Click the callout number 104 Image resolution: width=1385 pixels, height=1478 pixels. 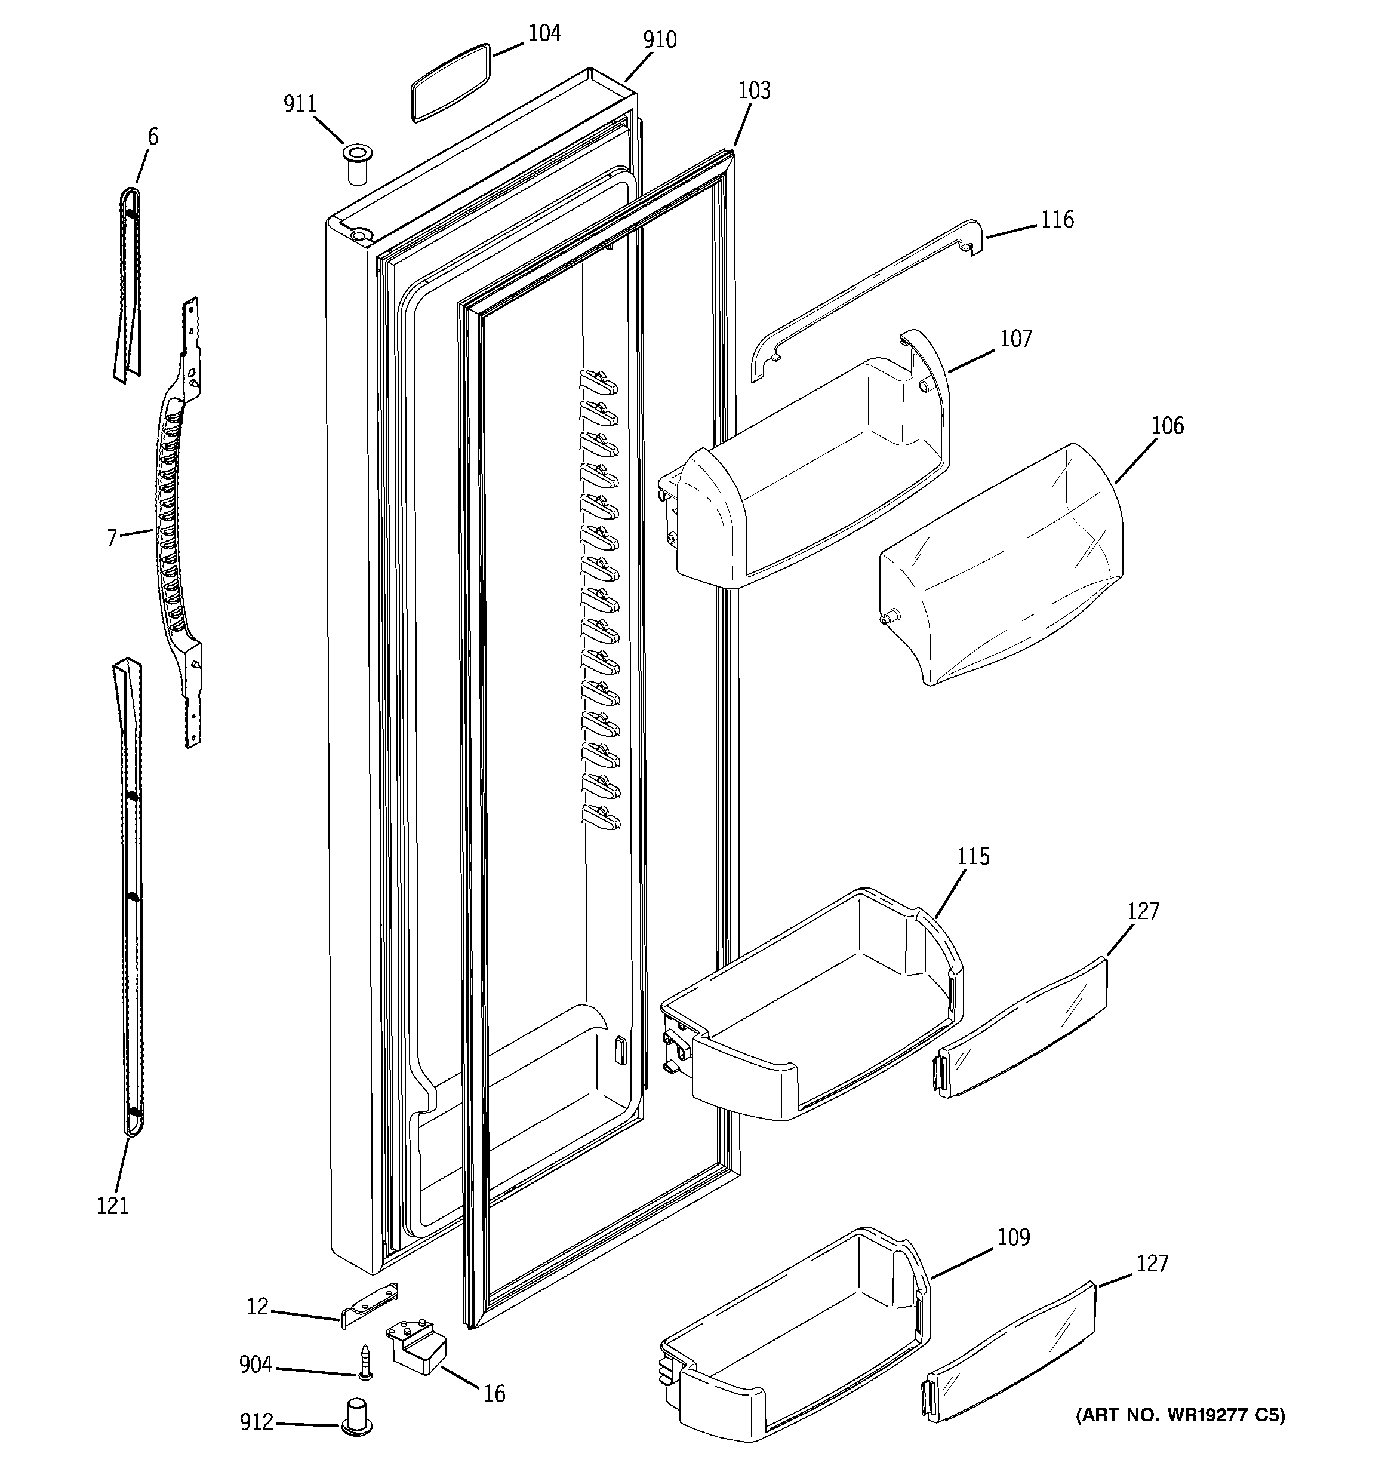(x=544, y=33)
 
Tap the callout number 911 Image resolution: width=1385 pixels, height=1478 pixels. (x=300, y=104)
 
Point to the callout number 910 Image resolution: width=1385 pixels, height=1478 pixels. (x=660, y=39)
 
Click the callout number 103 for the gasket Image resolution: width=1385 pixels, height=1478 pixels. (x=754, y=91)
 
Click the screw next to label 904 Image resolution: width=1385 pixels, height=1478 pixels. (x=365, y=1363)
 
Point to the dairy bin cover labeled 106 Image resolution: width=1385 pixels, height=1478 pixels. (x=1000, y=565)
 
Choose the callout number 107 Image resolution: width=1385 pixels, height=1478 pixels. (x=1015, y=339)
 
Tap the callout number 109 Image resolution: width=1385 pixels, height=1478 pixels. (x=1013, y=1238)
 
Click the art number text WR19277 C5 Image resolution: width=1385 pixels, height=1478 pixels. (x=1180, y=1415)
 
